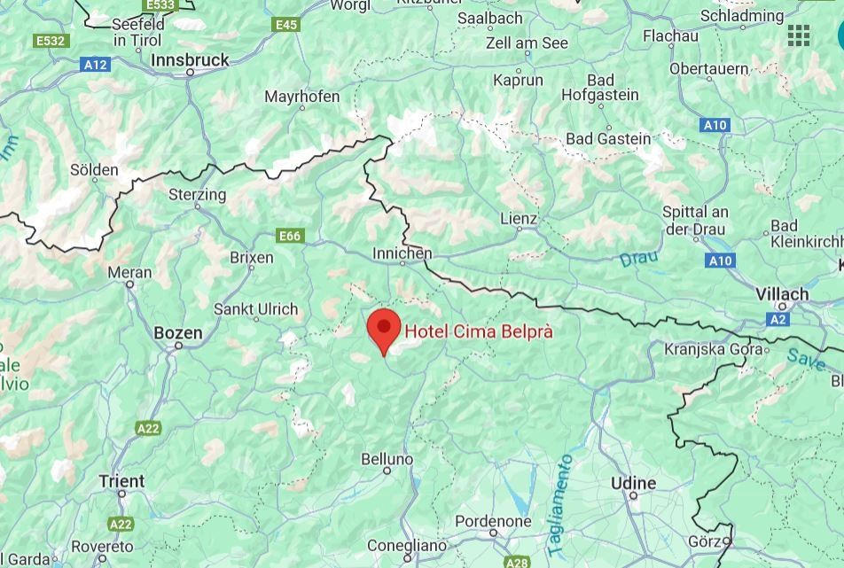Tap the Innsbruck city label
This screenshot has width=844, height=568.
[x=190, y=60]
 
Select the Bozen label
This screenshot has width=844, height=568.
[x=178, y=334]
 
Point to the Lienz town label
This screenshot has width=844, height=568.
[x=519, y=219]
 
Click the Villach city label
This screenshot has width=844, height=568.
[x=782, y=293]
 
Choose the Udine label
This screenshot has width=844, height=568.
[x=634, y=483]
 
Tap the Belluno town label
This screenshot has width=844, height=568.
[x=387, y=459]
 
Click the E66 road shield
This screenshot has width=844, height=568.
[x=290, y=236]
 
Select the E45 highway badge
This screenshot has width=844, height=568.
[x=286, y=25]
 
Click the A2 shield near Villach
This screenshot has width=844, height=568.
[x=778, y=319]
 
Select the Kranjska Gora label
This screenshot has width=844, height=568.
[x=713, y=349]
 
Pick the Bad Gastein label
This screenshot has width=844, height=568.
[x=608, y=139]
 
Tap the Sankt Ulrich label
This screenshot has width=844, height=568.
[x=255, y=310]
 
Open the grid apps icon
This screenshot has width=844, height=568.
[x=799, y=35]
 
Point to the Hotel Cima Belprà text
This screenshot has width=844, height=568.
[x=479, y=331]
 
